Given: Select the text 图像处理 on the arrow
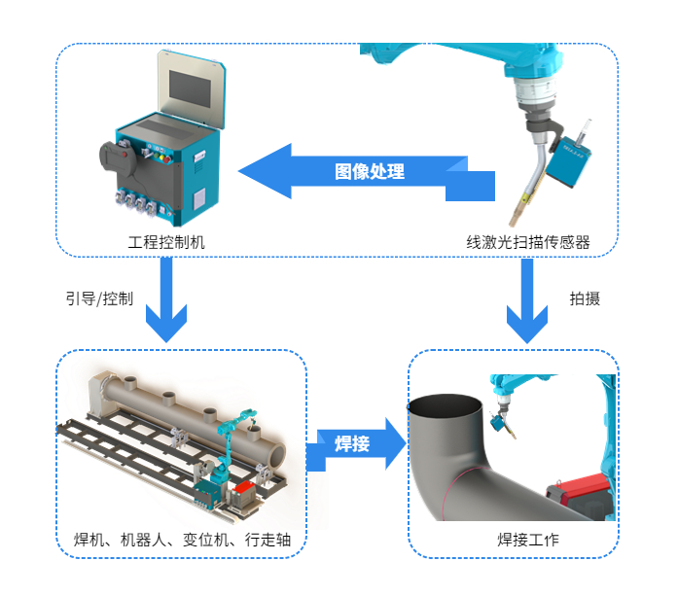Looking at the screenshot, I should (x=370, y=172).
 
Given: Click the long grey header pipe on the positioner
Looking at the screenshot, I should (x=195, y=408).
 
